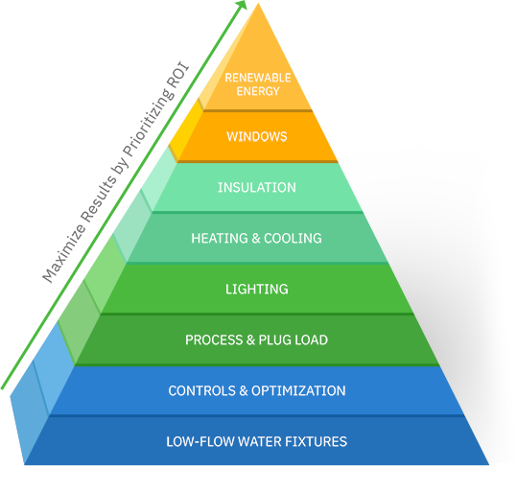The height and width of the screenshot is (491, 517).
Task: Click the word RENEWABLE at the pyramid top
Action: tap(258, 78)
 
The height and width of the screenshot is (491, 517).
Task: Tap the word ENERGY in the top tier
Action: tap(258, 91)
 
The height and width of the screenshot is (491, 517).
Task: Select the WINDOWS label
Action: tap(257, 136)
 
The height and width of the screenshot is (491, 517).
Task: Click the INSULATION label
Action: tap(257, 187)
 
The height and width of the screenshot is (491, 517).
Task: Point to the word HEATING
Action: tap(220, 238)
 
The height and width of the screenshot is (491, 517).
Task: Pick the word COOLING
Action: tap(293, 238)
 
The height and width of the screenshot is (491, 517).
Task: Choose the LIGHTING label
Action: tap(257, 290)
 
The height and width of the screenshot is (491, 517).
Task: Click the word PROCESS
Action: tap(214, 340)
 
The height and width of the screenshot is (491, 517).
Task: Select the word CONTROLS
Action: tap(202, 390)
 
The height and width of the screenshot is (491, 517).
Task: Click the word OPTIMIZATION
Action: tap(298, 390)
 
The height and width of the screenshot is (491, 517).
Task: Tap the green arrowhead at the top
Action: tap(242, 4)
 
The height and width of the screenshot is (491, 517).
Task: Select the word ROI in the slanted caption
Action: tap(178, 77)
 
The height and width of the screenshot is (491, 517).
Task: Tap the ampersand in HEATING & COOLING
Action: tap(256, 238)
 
